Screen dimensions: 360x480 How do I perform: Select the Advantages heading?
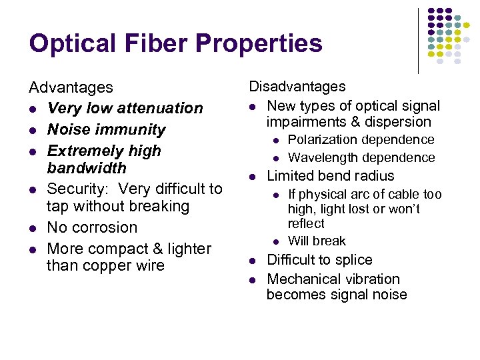coord(71,87)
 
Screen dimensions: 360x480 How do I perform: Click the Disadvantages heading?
coord(297,86)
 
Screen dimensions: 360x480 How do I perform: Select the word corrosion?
coord(103,227)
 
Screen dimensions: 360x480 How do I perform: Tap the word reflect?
coord(306,224)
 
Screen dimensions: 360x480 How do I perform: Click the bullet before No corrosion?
coord(32,228)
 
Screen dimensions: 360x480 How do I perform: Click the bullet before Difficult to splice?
coord(253,261)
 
